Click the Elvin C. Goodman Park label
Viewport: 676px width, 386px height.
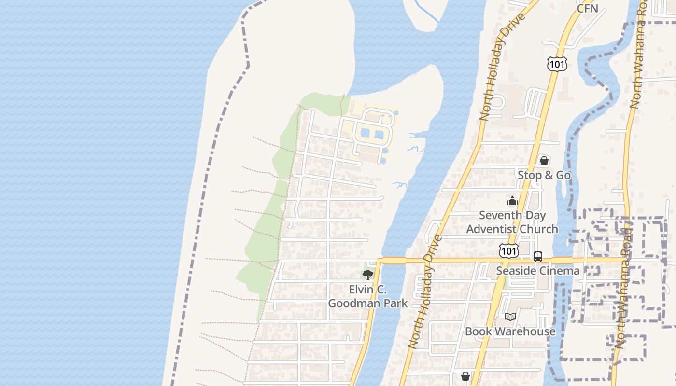click(368, 296)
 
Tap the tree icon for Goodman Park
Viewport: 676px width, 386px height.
click(368, 275)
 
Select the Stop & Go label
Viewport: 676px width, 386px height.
click(544, 175)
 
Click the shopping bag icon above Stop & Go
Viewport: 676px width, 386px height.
click(544, 161)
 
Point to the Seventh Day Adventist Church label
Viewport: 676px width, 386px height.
click(512, 222)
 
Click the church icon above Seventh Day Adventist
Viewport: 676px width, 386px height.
click(512, 201)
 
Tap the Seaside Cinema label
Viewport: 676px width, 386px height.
click(538, 271)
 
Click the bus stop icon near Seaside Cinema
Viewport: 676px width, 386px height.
click(538, 257)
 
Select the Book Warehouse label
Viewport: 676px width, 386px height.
click(510, 331)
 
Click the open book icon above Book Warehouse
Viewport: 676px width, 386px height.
click(510, 317)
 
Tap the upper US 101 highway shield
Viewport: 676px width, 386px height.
click(557, 64)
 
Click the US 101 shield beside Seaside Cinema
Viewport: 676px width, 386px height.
click(509, 250)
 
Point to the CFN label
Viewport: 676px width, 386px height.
click(588, 8)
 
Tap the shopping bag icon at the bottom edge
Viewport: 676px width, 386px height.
click(465, 376)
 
